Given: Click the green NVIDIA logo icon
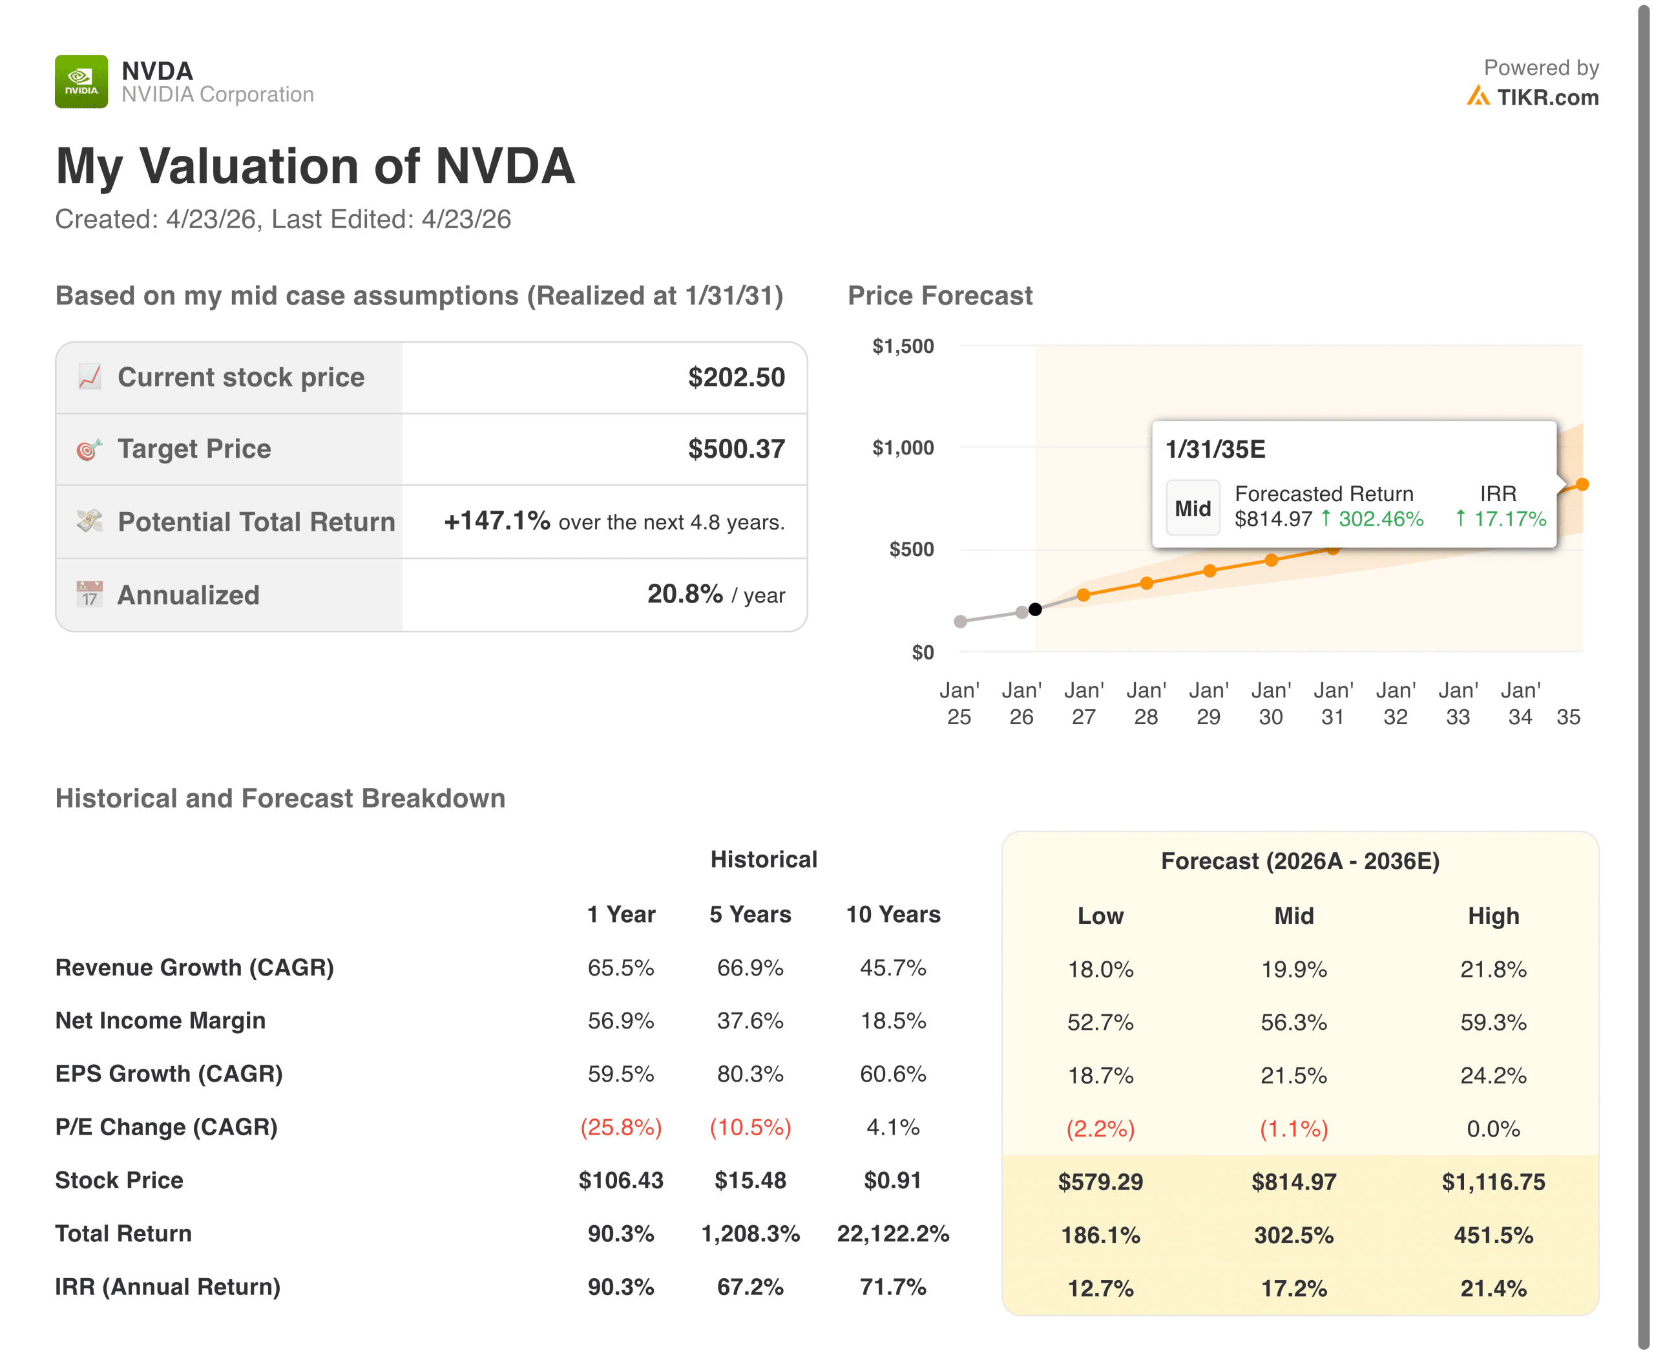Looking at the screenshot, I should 81,81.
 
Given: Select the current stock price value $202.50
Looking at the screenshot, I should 736,378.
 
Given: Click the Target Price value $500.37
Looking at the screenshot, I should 736,449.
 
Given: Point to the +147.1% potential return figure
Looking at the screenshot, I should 497,520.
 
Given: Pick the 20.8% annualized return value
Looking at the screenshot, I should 684,594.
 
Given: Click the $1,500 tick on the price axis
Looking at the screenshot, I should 903,347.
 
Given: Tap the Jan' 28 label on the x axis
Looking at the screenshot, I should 1146,703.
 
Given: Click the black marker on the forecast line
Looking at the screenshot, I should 1035,609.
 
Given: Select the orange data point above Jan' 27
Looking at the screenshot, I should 1083,595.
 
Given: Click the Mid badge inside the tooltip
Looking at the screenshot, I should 1192,508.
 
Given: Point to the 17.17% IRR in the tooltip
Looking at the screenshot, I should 1509,519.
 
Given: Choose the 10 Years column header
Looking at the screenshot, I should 893,915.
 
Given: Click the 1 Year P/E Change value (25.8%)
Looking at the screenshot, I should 620,1127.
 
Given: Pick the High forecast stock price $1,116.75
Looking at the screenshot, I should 1493,1182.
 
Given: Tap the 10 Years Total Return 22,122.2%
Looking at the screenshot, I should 893,1234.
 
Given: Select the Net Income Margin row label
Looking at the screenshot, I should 160,1021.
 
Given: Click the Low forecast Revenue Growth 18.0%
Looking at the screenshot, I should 1100,969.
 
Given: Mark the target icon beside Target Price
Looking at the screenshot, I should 89,449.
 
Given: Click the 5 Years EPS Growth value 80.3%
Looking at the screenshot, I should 750,1074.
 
